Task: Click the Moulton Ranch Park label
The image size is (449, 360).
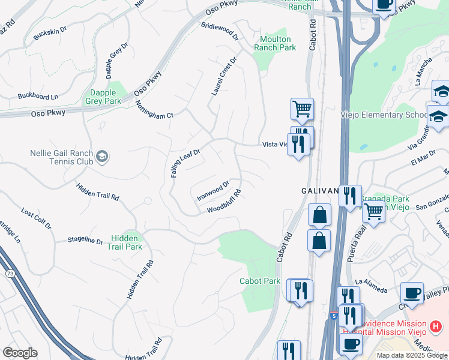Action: point(275,43)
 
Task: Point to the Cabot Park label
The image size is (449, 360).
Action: point(260,281)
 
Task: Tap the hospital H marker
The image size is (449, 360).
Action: point(436,327)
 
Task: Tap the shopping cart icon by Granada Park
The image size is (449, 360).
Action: point(374,212)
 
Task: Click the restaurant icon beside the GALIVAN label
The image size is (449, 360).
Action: point(350,196)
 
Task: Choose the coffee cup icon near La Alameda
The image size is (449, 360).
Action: point(412,293)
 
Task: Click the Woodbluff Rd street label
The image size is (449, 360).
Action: point(224,202)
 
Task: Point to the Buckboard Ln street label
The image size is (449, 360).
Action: point(38,96)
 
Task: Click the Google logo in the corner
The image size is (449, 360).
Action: point(20,353)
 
